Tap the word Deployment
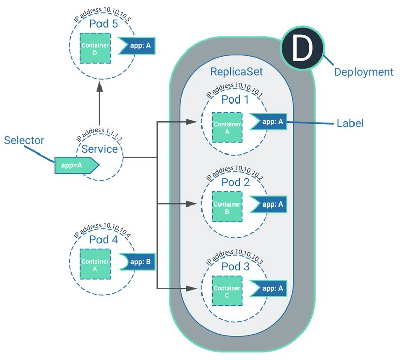[364, 72]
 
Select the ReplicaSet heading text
[236, 72]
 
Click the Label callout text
[350, 123]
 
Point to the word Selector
[24, 140]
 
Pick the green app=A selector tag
[75, 165]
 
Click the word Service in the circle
[99, 149]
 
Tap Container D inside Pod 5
[95, 48]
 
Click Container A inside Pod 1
[227, 127]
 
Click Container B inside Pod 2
[227, 208]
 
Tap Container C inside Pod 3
[227, 291]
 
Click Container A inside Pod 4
[95, 265]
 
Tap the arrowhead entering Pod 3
[193, 289]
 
